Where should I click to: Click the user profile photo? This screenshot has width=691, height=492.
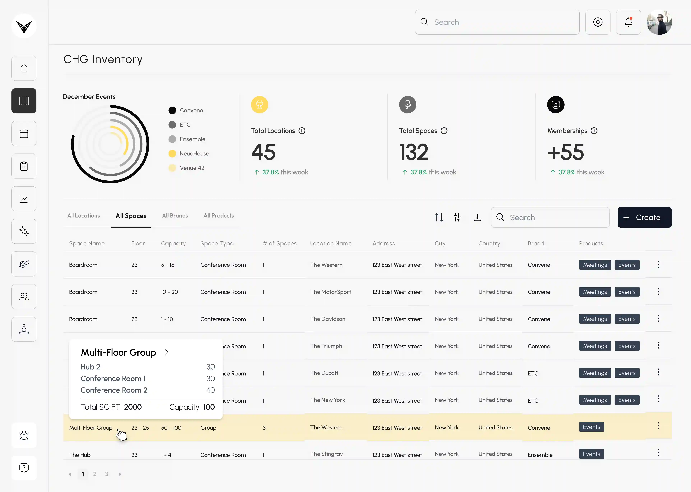(659, 22)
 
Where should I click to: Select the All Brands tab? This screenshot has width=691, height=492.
(175, 216)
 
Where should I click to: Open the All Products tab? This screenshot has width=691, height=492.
(219, 216)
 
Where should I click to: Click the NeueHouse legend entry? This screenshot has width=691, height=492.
(189, 154)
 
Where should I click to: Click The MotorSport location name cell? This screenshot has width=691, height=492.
(331, 292)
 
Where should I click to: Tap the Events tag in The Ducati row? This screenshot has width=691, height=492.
(627, 373)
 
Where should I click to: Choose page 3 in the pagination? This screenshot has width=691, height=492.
(107, 474)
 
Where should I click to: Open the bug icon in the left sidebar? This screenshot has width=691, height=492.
(24, 435)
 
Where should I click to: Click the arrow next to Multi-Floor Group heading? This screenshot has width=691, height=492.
(166, 352)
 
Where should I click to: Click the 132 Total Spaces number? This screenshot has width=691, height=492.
(414, 152)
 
